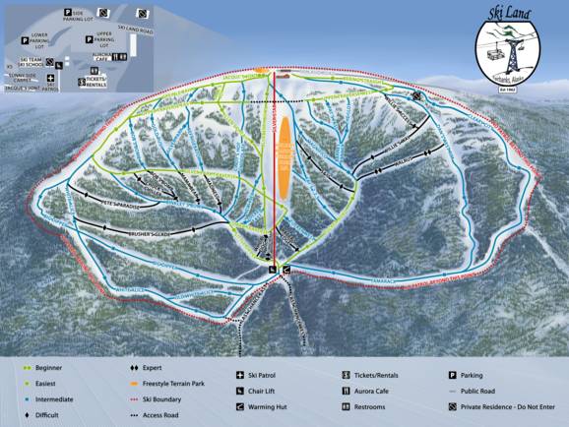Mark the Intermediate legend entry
click(x=57, y=400)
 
